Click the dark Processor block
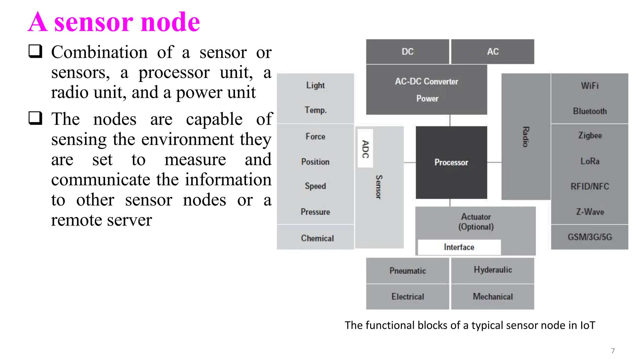451,162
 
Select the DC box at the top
407,52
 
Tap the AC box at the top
492,52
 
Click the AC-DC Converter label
426,82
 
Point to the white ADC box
365,149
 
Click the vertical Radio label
526,137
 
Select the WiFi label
589,86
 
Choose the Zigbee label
590,136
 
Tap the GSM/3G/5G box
589,237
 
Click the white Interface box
459,247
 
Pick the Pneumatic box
407,271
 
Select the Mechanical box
492,297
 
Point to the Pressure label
315,212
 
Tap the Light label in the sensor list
315,85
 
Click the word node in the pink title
170,22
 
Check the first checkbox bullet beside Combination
35,51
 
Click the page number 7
613,351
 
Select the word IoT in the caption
587,325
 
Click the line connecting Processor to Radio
494,162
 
